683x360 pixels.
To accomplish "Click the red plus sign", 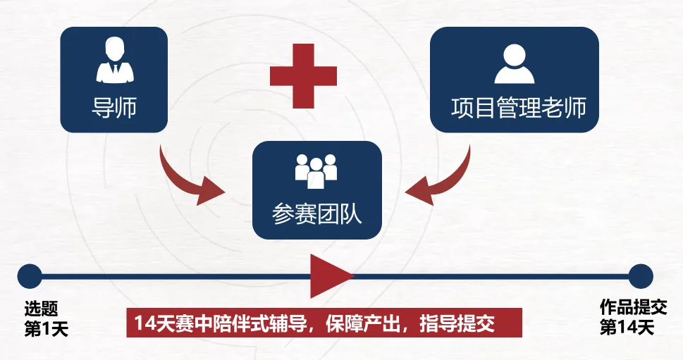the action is [x=303, y=76].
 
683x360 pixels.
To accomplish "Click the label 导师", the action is [x=114, y=108].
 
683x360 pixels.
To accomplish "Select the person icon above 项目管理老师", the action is [x=515, y=63].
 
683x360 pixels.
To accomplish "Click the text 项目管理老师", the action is [x=518, y=108].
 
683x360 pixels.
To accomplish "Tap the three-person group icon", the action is [x=316, y=171].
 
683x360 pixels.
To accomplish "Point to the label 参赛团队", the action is [x=316, y=214].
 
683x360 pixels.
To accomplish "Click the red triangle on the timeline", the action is [x=329, y=276].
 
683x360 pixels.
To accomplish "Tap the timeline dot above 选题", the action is [x=30, y=276].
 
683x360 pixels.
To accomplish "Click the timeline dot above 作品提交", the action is [x=641, y=276].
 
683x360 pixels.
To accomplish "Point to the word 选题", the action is [x=41, y=309].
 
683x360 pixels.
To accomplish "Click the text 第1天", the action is [x=47, y=330].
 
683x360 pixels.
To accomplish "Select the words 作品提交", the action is [x=633, y=307].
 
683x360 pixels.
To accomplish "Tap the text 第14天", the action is [x=627, y=328].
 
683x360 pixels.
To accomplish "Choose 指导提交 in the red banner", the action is [x=457, y=323].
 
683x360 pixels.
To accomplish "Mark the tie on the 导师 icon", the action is [x=115, y=70].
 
